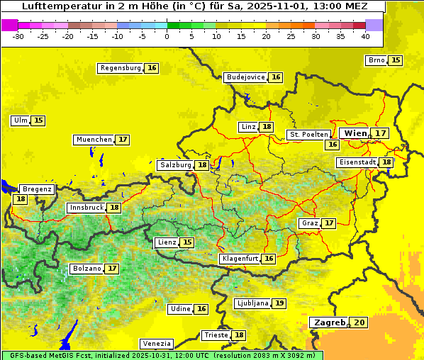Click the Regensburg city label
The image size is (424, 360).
tap(120, 68)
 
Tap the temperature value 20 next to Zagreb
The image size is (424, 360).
tap(360, 322)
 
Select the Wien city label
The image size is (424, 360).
tap(356, 133)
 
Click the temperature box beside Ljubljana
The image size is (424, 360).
tap(279, 303)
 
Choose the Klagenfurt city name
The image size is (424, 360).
tap(239, 259)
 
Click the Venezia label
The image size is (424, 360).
tap(156, 344)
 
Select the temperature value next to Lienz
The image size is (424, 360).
tap(187, 242)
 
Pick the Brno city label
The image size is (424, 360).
tap(376, 60)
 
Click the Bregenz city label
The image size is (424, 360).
tap(37, 189)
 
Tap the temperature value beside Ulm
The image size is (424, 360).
tap(38, 120)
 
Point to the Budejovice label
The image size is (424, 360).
tap(245, 77)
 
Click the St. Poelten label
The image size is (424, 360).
tap(308, 134)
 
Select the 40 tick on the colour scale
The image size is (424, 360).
tap(364, 35)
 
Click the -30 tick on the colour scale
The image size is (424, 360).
tap(18, 35)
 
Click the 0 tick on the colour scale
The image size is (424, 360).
tap(167, 35)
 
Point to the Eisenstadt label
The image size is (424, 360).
tap(357, 162)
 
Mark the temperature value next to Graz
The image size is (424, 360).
tap(329, 223)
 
